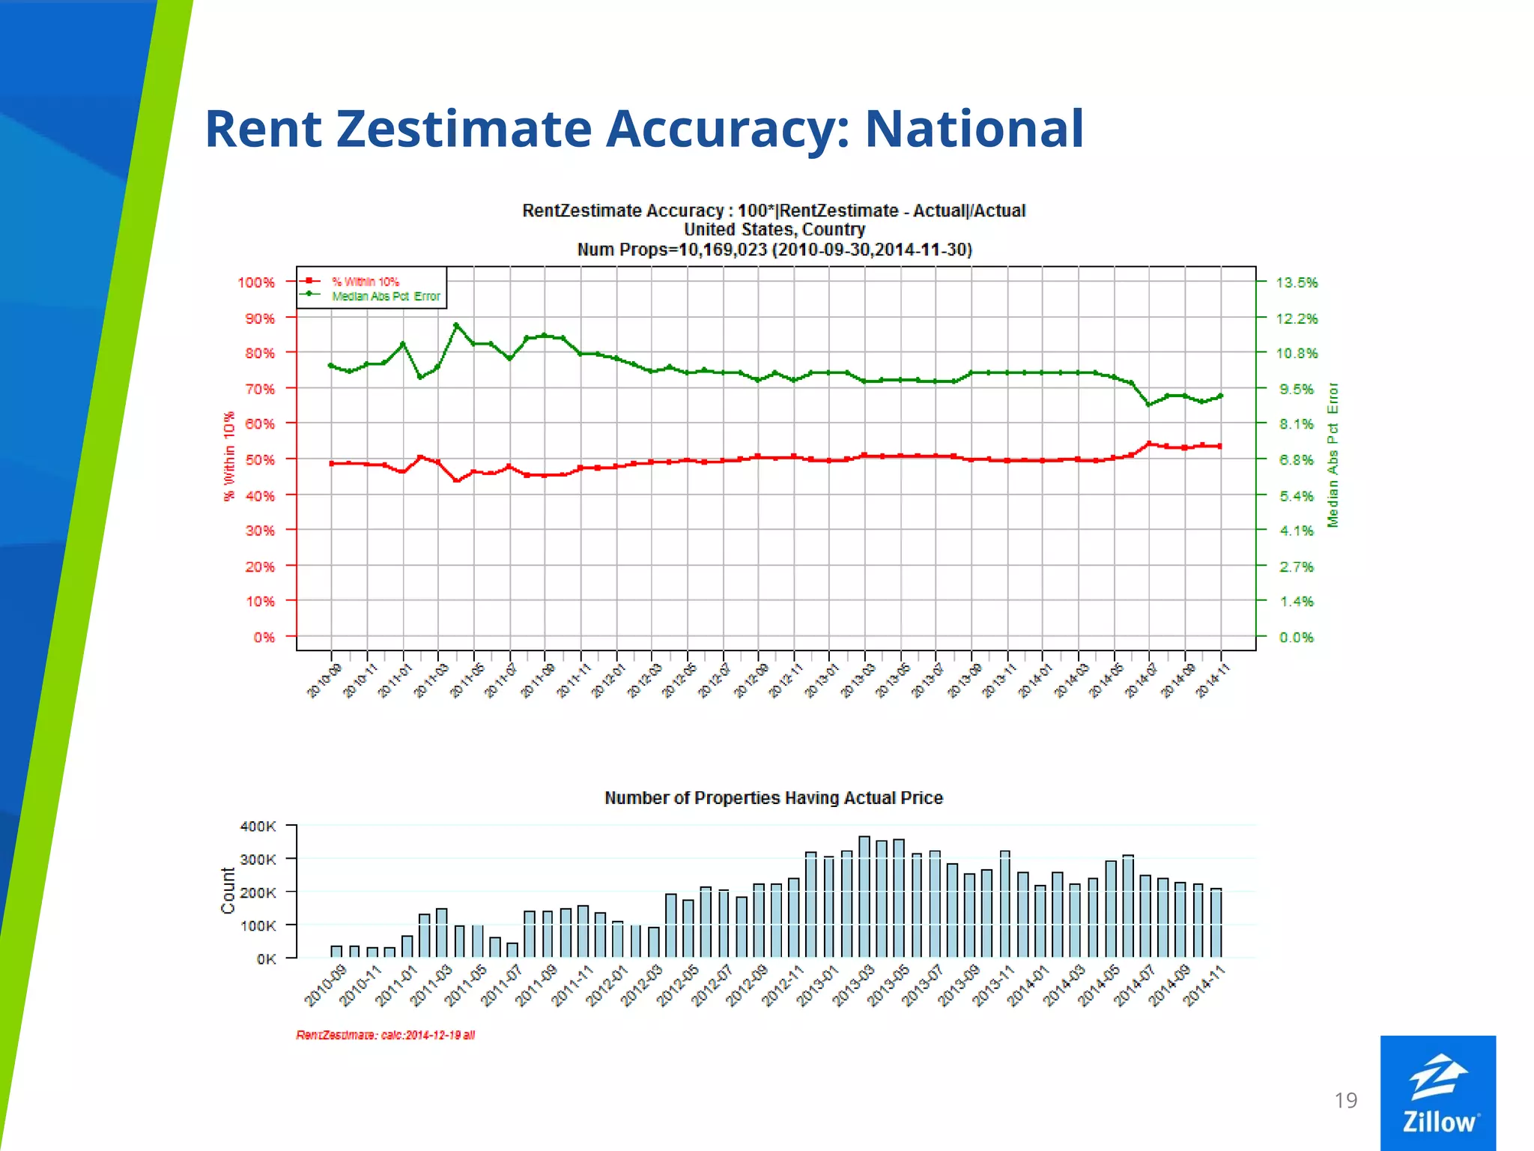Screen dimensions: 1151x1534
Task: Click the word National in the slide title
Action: pyautogui.click(x=974, y=129)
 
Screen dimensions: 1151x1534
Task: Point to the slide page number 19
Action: pyautogui.click(x=1345, y=1100)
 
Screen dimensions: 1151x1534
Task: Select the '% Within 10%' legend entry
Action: pyautogui.click(x=366, y=282)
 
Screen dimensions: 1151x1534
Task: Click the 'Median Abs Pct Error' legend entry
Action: pyautogui.click(x=386, y=296)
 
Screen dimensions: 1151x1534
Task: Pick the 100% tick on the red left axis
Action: pyautogui.click(x=256, y=283)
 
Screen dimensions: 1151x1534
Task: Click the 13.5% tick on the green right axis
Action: pyautogui.click(x=1297, y=283)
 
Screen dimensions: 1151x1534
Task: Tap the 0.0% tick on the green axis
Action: pyautogui.click(x=1297, y=637)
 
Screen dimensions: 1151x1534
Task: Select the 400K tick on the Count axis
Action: pyautogui.click(x=258, y=826)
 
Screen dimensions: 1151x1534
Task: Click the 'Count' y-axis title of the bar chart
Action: pyautogui.click(x=228, y=890)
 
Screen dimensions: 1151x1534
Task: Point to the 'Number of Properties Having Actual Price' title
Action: pyautogui.click(x=773, y=798)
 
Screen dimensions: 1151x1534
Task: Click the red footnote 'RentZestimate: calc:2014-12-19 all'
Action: pyautogui.click(x=385, y=1035)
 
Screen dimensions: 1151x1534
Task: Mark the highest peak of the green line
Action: pyautogui.click(x=456, y=325)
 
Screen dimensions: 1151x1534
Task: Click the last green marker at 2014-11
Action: pyautogui.click(x=1220, y=396)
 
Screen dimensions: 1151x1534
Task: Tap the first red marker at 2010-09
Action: pyautogui.click(x=332, y=464)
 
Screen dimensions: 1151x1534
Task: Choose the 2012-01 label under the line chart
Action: pyautogui.click(x=607, y=680)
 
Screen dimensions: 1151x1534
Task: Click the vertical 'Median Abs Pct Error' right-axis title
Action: pyautogui.click(x=1333, y=454)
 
